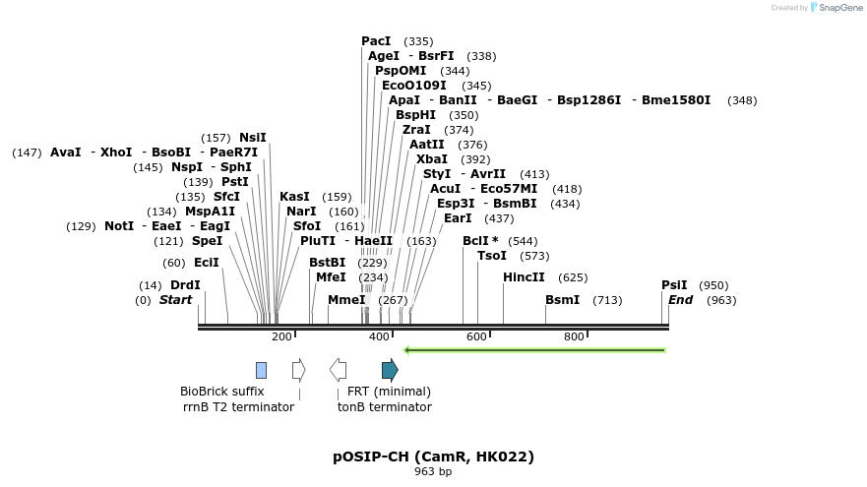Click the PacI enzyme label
(x=376, y=41)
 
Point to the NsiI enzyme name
(x=253, y=138)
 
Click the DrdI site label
(x=185, y=285)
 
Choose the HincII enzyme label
(x=524, y=277)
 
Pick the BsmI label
(x=563, y=300)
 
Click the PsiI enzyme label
(x=674, y=285)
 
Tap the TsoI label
(x=492, y=256)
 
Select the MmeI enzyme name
(x=346, y=300)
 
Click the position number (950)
(x=713, y=285)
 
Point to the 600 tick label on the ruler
(x=476, y=337)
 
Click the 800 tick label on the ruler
(x=574, y=337)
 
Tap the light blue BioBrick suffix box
(x=261, y=370)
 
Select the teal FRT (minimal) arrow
(x=390, y=370)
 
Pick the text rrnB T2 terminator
(x=238, y=406)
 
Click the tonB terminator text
(x=384, y=406)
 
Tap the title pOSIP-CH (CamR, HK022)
(x=433, y=457)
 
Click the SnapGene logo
(x=836, y=8)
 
